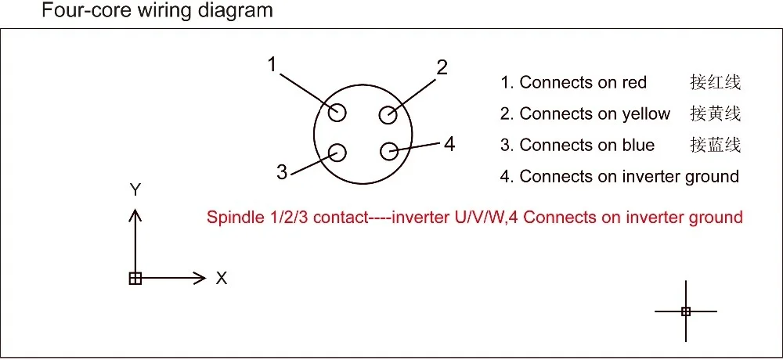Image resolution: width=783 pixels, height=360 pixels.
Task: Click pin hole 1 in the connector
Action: [337, 113]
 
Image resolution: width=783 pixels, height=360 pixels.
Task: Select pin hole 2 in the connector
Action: [388, 115]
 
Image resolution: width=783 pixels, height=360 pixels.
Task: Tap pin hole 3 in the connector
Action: [337, 152]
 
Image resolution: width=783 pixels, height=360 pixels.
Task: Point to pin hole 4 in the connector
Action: [389, 151]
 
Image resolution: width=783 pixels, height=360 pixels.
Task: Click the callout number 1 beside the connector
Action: [272, 65]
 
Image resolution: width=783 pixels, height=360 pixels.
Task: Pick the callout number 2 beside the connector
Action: [442, 67]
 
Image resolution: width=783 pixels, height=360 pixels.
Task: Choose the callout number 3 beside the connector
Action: [282, 172]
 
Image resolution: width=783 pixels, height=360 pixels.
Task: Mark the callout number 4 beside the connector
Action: [449, 144]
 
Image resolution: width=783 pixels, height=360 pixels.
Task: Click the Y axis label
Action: [135, 189]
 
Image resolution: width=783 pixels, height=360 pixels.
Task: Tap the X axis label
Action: [222, 278]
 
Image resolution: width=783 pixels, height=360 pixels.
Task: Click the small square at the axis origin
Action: [135, 278]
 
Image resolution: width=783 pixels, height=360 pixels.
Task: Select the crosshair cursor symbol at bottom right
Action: [686, 311]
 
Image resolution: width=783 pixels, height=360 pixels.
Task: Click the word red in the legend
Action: [634, 82]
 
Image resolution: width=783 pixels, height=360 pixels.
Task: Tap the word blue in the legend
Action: [638, 146]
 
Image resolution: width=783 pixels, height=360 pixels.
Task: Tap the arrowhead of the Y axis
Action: [135, 214]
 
